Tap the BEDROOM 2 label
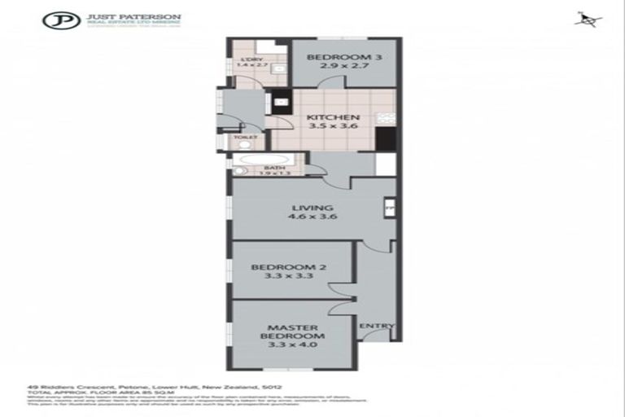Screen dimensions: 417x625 [x=282, y=266]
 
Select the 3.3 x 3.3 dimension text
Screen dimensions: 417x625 [x=282, y=277]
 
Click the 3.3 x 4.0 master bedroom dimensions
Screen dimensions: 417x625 [x=294, y=345]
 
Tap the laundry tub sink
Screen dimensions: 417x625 [x=278, y=70]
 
